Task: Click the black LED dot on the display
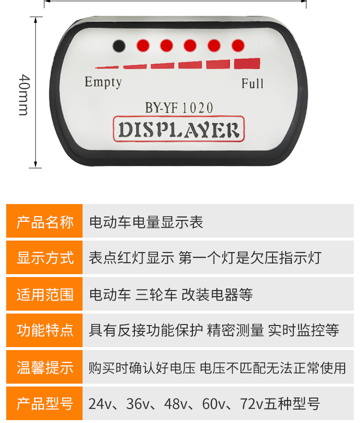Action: pos(119,46)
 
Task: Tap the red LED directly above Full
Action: pos(238,46)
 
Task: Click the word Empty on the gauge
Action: pos(103,82)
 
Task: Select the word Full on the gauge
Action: pos(252,84)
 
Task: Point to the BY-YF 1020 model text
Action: pos(179,108)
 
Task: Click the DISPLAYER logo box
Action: pos(179,130)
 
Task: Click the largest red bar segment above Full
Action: pos(247,64)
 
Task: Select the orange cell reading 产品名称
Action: pos(45,222)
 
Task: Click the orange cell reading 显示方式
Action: pos(45,258)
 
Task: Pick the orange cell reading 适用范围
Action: pos(45,294)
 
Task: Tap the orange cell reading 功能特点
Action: pos(45,330)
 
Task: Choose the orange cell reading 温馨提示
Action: pos(45,368)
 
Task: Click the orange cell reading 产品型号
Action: pos(45,404)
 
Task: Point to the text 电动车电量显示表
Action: pos(146,222)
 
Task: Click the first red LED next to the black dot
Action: pos(143,46)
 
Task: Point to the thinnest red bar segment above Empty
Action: pos(107,67)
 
